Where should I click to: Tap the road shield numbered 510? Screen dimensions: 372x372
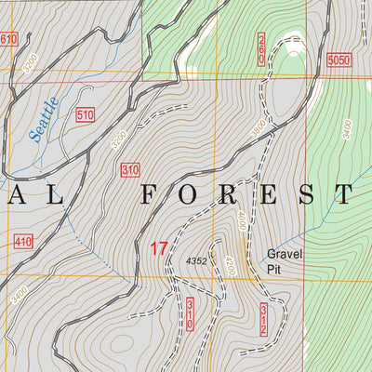[x=86, y=115]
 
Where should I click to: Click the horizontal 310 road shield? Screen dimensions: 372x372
[x=129, y=170]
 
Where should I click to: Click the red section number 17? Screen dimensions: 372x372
[x=158, y=248]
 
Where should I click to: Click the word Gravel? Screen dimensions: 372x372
[x=286, y=253]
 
